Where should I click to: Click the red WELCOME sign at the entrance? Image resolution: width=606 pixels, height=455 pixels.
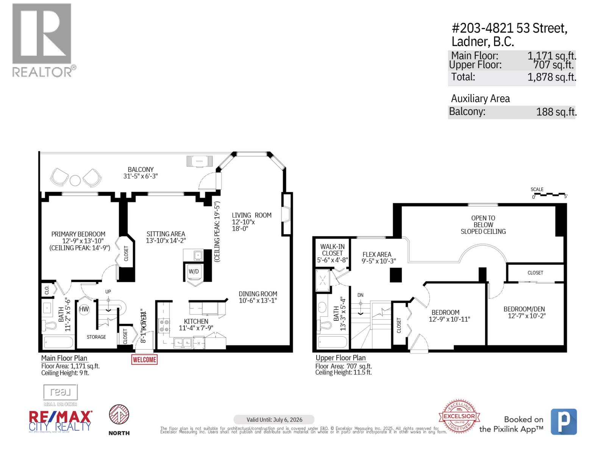click(x=144, y=359)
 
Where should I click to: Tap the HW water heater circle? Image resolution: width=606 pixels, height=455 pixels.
click(x=84, y=309)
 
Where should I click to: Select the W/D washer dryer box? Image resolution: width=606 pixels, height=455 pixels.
click(x=194, y=271)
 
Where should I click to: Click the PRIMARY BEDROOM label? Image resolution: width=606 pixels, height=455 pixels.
click(x=78, y=234)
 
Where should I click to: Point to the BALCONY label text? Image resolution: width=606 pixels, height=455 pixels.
click(x=141, y=170)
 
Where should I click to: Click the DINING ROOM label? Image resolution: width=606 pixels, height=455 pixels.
click(x=258, y=294)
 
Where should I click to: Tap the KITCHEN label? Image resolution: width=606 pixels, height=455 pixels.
click(x=196, y=321)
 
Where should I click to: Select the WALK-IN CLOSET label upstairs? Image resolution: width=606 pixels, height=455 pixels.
click(x=332, y=250)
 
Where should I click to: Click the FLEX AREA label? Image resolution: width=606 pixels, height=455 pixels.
click(x=376, y=255)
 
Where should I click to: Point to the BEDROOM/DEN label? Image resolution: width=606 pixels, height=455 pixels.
click(x=524, y=309)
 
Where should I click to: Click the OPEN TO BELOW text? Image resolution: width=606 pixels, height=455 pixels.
click(x=483, y=221)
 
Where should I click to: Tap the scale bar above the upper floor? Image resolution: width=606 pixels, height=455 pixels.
click(x=549, y=195)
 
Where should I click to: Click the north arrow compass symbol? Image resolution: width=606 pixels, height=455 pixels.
click(x=119, y=415)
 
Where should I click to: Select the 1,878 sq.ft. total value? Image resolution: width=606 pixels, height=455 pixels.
click(x=551, y=77)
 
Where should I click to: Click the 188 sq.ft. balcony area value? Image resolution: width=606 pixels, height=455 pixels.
click(x=556, y=112)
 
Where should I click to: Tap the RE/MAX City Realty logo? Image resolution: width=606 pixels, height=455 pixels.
click(x=61, y=421)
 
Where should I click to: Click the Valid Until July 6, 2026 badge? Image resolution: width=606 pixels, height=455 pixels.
click(x=274, y=419)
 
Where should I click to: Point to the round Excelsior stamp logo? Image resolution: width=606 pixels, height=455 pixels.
click(x=459, y=416)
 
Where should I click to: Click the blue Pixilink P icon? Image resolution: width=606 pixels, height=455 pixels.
click(x=564, y=421)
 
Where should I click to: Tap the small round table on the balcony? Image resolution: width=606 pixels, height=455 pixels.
click(x=75, y=180)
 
